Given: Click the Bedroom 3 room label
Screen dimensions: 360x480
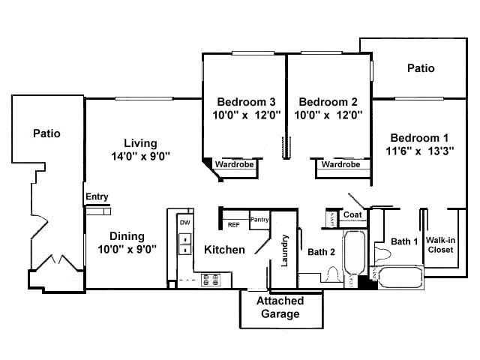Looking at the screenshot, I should tap(247, 102).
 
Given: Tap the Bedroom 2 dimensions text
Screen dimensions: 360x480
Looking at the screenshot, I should tap(330, 115).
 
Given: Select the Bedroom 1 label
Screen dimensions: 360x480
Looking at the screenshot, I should tap(419, 137).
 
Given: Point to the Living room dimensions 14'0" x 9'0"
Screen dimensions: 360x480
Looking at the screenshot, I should tap(140, 157).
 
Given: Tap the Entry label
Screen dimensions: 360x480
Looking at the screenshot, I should tap(97, 197).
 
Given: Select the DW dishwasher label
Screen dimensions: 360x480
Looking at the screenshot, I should tap(184, 223).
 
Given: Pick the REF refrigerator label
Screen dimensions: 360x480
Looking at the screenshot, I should tap(233, 223).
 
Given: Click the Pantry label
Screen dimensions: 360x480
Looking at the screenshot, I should tap(259, 220).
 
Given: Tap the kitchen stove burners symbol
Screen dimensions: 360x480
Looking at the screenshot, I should tap(210, 280).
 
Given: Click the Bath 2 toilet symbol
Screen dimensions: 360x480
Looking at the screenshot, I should tap(330, 276).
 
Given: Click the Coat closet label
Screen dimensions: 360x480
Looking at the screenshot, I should tap(352, 215).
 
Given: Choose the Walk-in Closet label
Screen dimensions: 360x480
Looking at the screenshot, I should tap(439, 245).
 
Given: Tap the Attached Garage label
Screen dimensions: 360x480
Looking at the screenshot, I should tap(280, 307).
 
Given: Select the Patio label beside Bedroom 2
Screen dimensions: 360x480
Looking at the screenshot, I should tap(421, 68).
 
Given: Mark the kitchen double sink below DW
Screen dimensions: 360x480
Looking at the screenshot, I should tap(184, 246).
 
